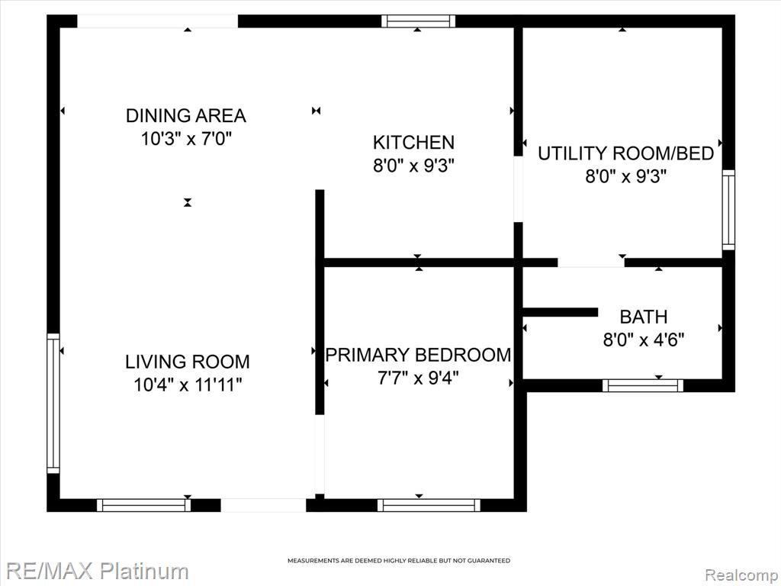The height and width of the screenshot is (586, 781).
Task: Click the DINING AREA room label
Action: (x=186, y=115)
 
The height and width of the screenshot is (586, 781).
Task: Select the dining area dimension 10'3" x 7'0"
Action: (x=187, y=139)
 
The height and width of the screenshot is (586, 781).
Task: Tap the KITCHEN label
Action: (x=413, y=143)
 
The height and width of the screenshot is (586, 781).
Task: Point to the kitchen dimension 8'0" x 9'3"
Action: (x=414, y=166)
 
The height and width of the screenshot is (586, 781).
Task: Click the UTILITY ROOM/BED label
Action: (x=625, y=153)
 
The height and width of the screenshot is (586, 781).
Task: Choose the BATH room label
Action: (x=644, y=317)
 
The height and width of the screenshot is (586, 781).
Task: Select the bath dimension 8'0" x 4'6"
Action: (x=644, y=340)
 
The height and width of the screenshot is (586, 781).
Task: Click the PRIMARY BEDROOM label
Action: (x=419, y=355)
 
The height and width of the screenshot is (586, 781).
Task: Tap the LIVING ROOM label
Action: (x=188, y=362)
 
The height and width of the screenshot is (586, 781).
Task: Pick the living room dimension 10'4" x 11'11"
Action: (x=188, y=385)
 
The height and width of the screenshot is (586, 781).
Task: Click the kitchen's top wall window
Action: (x=419, y=21)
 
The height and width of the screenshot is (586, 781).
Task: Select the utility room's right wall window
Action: (x=728, y=210)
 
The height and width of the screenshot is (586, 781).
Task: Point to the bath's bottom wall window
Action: (x=642, y=385)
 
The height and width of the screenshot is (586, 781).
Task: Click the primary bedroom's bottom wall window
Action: (x=429, y=505)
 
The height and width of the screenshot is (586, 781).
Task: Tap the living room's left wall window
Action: (x=53, y=403)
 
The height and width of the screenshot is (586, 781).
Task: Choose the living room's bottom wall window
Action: (x=143, y=505)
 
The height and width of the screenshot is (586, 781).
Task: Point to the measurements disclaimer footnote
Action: (x=399, y=561)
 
